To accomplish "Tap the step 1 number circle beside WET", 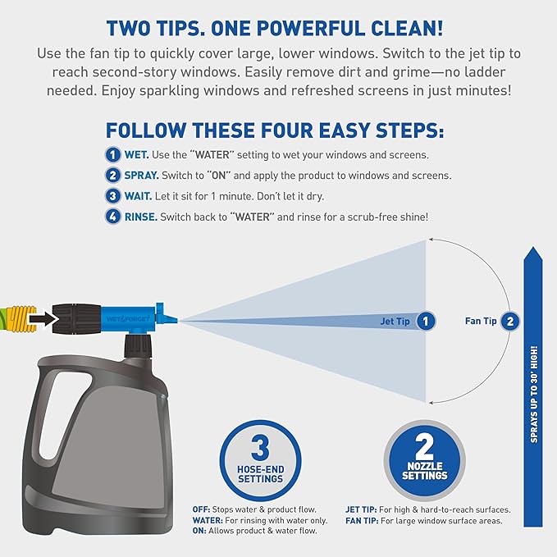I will pos(113,155).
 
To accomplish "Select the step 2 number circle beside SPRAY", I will pos(113,176).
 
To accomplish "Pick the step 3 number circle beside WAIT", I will pos(113,197).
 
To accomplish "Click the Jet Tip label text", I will pos(395,322).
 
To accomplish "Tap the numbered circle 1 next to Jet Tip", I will pos(425,322).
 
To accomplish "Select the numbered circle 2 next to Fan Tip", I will pos(510,322).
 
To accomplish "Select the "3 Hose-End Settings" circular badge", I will pos(260,459).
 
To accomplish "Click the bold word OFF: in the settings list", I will pos(202,509).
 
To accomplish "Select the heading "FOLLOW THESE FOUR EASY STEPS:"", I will pos(275,131).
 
